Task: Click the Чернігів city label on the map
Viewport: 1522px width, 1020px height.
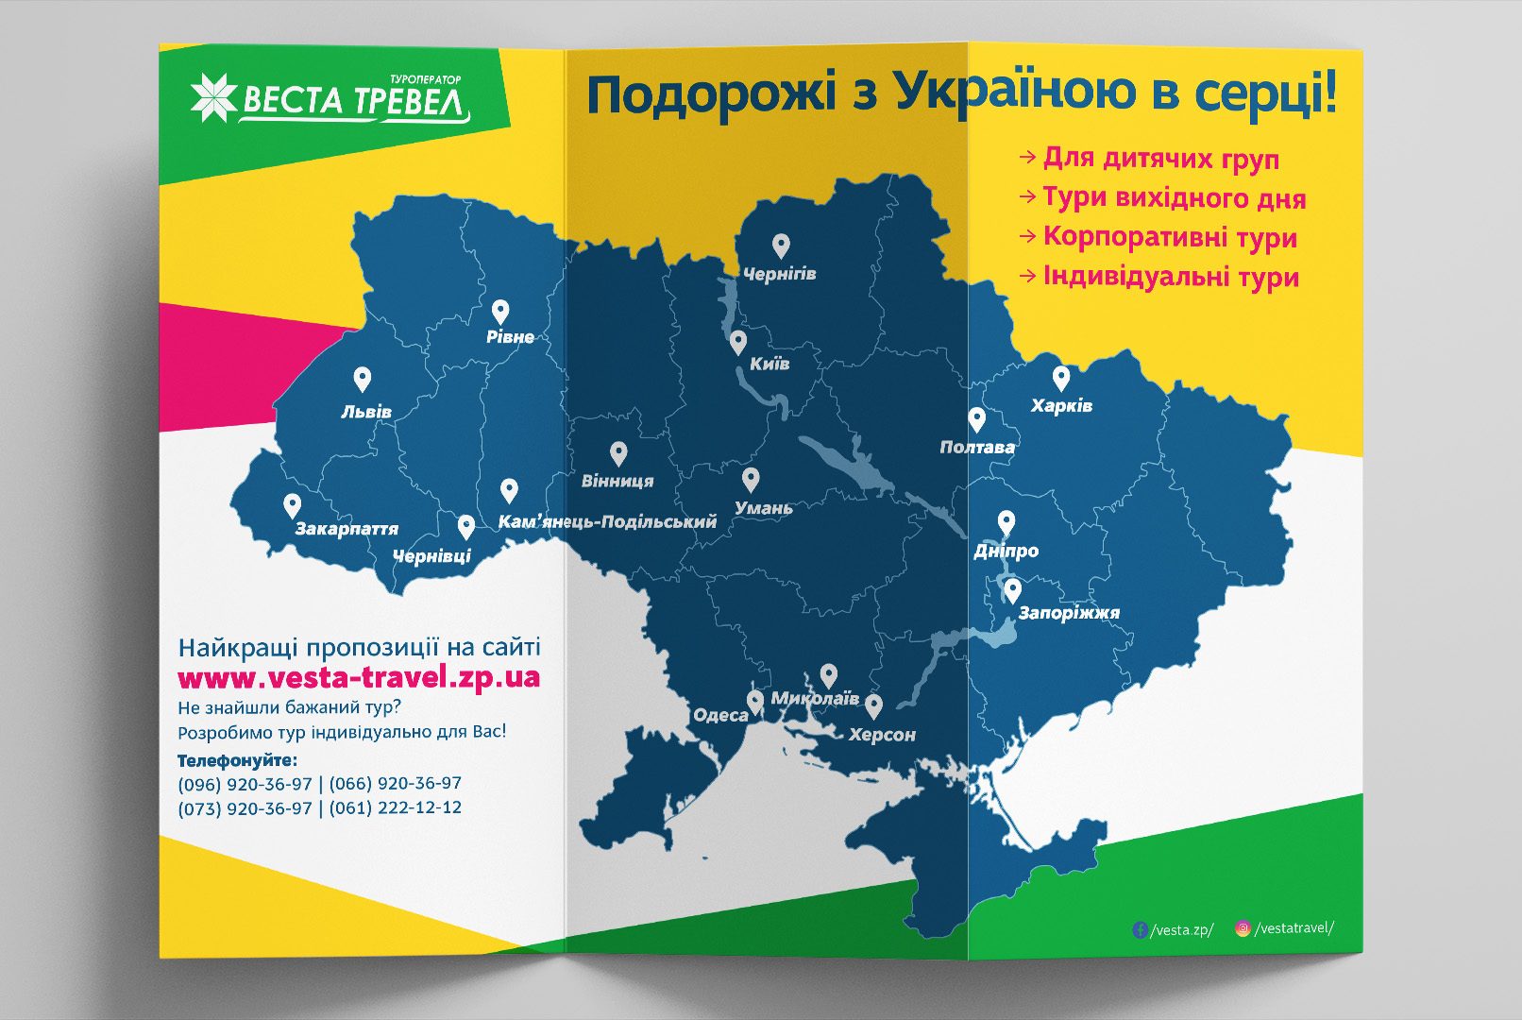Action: (779, 274)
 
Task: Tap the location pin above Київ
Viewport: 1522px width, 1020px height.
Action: (738, 341)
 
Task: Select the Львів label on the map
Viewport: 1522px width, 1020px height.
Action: (366, 412)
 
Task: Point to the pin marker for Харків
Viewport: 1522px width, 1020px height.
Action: (1061, 378)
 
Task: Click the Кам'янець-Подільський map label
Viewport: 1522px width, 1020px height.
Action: (607, 521)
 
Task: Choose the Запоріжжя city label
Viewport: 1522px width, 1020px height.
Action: (1069, 613)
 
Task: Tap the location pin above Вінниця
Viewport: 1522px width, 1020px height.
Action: (618, 453)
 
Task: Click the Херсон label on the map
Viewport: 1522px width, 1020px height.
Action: (882, 735)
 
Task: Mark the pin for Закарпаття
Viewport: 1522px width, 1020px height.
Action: (293, 505)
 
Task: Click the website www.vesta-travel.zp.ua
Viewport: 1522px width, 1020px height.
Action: (359, 677)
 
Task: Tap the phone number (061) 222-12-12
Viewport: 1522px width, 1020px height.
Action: (396, 807)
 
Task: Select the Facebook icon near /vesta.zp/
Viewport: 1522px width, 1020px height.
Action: (1140, 929)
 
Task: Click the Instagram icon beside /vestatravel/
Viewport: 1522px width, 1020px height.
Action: (1243, 928)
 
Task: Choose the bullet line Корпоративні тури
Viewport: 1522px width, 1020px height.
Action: (1169, 237)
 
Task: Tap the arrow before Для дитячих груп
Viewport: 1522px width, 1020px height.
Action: (1027, 157)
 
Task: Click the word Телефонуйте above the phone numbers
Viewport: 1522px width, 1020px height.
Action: (237, 760)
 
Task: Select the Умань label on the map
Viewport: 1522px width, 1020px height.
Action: (764, 508)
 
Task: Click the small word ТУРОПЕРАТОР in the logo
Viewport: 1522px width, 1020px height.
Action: (425, 79)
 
